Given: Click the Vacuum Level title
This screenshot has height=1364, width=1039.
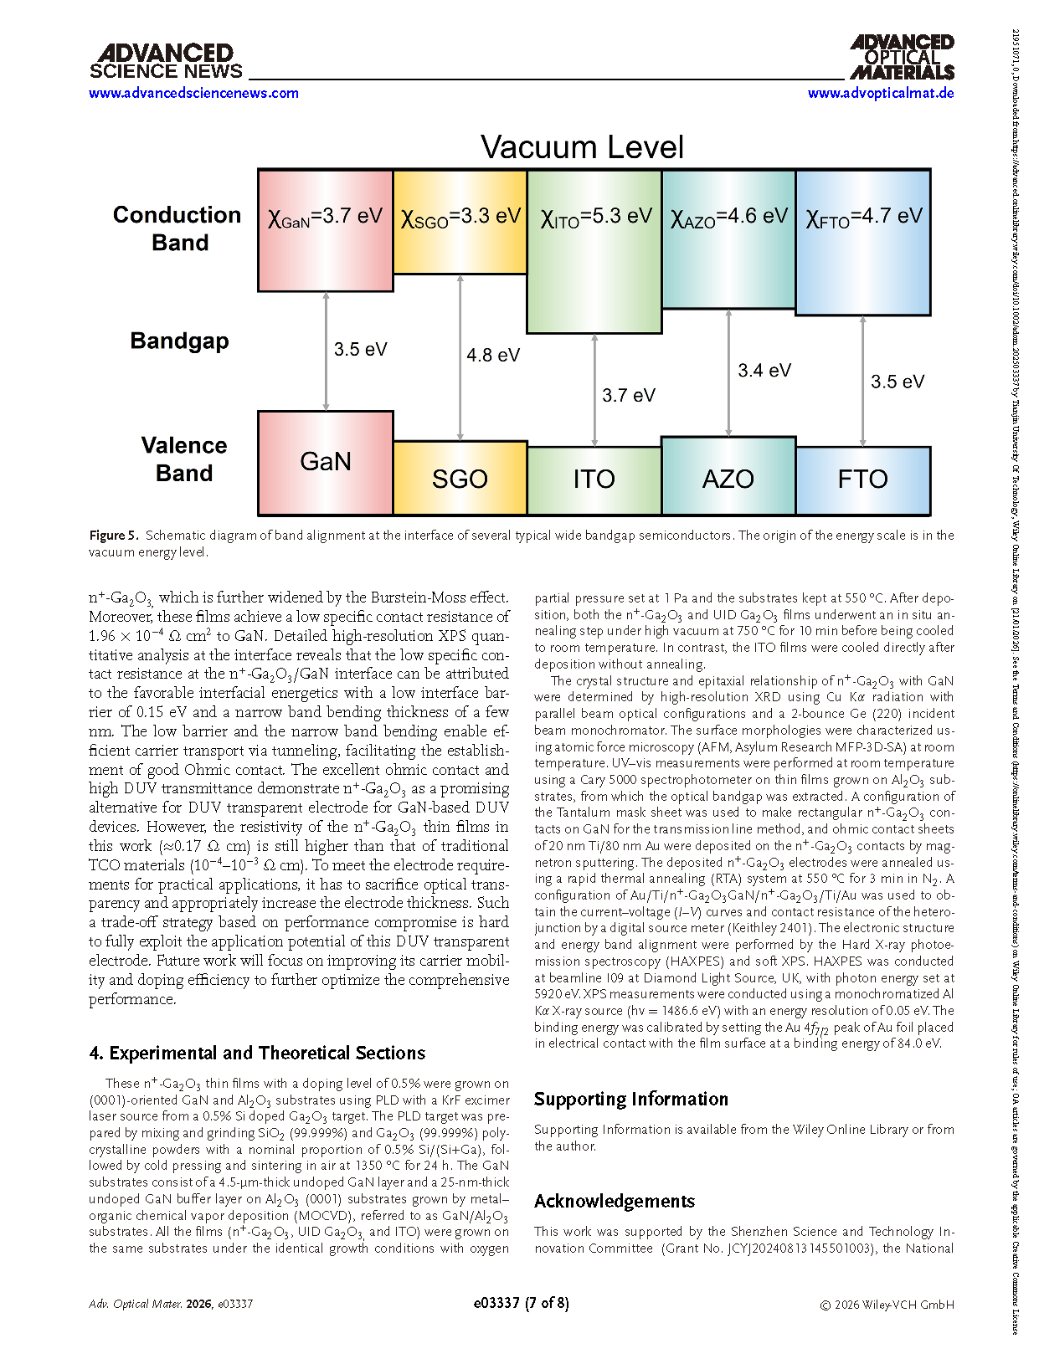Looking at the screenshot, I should (582, 147).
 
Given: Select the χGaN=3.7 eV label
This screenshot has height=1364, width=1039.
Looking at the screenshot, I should (325, 217).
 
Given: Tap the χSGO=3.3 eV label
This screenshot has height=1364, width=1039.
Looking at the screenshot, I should (460, 217).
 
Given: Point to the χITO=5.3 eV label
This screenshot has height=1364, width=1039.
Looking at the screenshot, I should (594, 217).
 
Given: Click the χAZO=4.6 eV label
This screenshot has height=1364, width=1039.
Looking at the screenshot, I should (728, 217).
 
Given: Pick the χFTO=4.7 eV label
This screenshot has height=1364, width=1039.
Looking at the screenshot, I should (863, 217).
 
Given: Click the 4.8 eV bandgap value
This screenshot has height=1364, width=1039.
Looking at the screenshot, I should (493, 355).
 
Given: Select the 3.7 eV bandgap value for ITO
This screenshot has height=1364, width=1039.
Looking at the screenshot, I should (629, 395).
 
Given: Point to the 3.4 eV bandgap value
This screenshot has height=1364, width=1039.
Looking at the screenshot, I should (764, 370).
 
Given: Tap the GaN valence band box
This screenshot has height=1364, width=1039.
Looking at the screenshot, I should (326, 462).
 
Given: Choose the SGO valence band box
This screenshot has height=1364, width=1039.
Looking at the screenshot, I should (460, 479).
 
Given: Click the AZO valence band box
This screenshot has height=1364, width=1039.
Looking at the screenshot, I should (728, 477).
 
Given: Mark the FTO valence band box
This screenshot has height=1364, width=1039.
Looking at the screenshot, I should (863, 480).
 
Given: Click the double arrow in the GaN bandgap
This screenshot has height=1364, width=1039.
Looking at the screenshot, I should (326, 351).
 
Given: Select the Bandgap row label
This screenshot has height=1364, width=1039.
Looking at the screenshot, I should (179, 341).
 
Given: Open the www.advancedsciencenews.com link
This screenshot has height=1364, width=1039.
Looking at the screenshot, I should (193, 93).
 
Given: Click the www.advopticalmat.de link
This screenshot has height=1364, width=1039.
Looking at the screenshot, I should (881, 93).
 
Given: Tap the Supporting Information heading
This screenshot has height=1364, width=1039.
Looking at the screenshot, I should (631, 1099).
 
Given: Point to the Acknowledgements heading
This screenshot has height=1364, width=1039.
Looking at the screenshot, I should (615, 1201).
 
